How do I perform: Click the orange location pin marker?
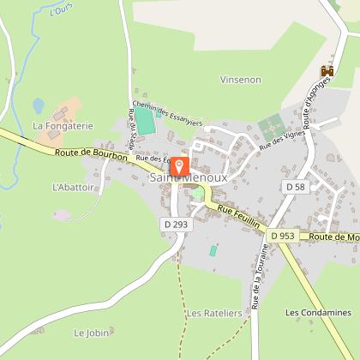click(x=180, y=166)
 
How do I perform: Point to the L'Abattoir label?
click(x=72, y=186)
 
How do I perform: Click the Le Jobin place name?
click(x=91, y=332)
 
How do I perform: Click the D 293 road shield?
click(x=174, y=224)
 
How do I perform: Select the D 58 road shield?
click(x=295, y=186)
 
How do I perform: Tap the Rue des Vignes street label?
click(x=280, y=136)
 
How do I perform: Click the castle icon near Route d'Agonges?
click(x=326, y=72)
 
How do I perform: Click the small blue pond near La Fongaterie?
click(x=39, y=105)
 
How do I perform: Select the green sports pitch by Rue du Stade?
click(x=147, y=122)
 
